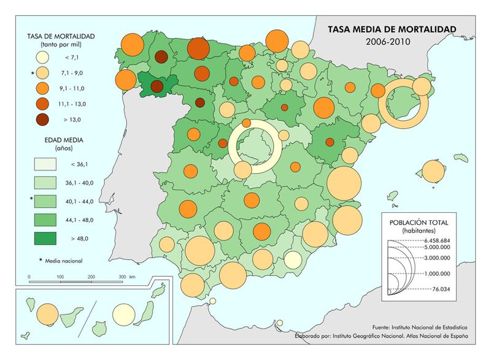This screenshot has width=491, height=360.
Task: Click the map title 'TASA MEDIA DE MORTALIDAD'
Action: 392,29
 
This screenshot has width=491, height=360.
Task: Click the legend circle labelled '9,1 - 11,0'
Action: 41,88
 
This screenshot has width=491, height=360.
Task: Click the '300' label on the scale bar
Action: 123,277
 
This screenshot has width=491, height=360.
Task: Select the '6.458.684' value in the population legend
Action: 437,240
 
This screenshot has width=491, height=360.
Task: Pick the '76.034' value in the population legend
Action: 434,288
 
